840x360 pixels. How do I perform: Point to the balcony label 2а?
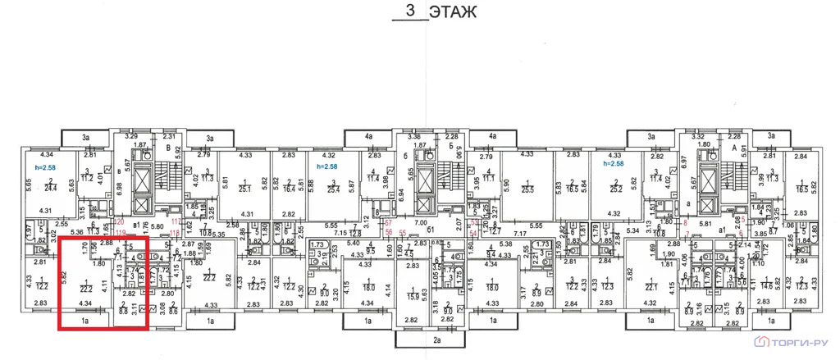436,339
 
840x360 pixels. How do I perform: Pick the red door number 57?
389,222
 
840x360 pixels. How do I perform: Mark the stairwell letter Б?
451,147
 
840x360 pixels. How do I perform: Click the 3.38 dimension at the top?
414,136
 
